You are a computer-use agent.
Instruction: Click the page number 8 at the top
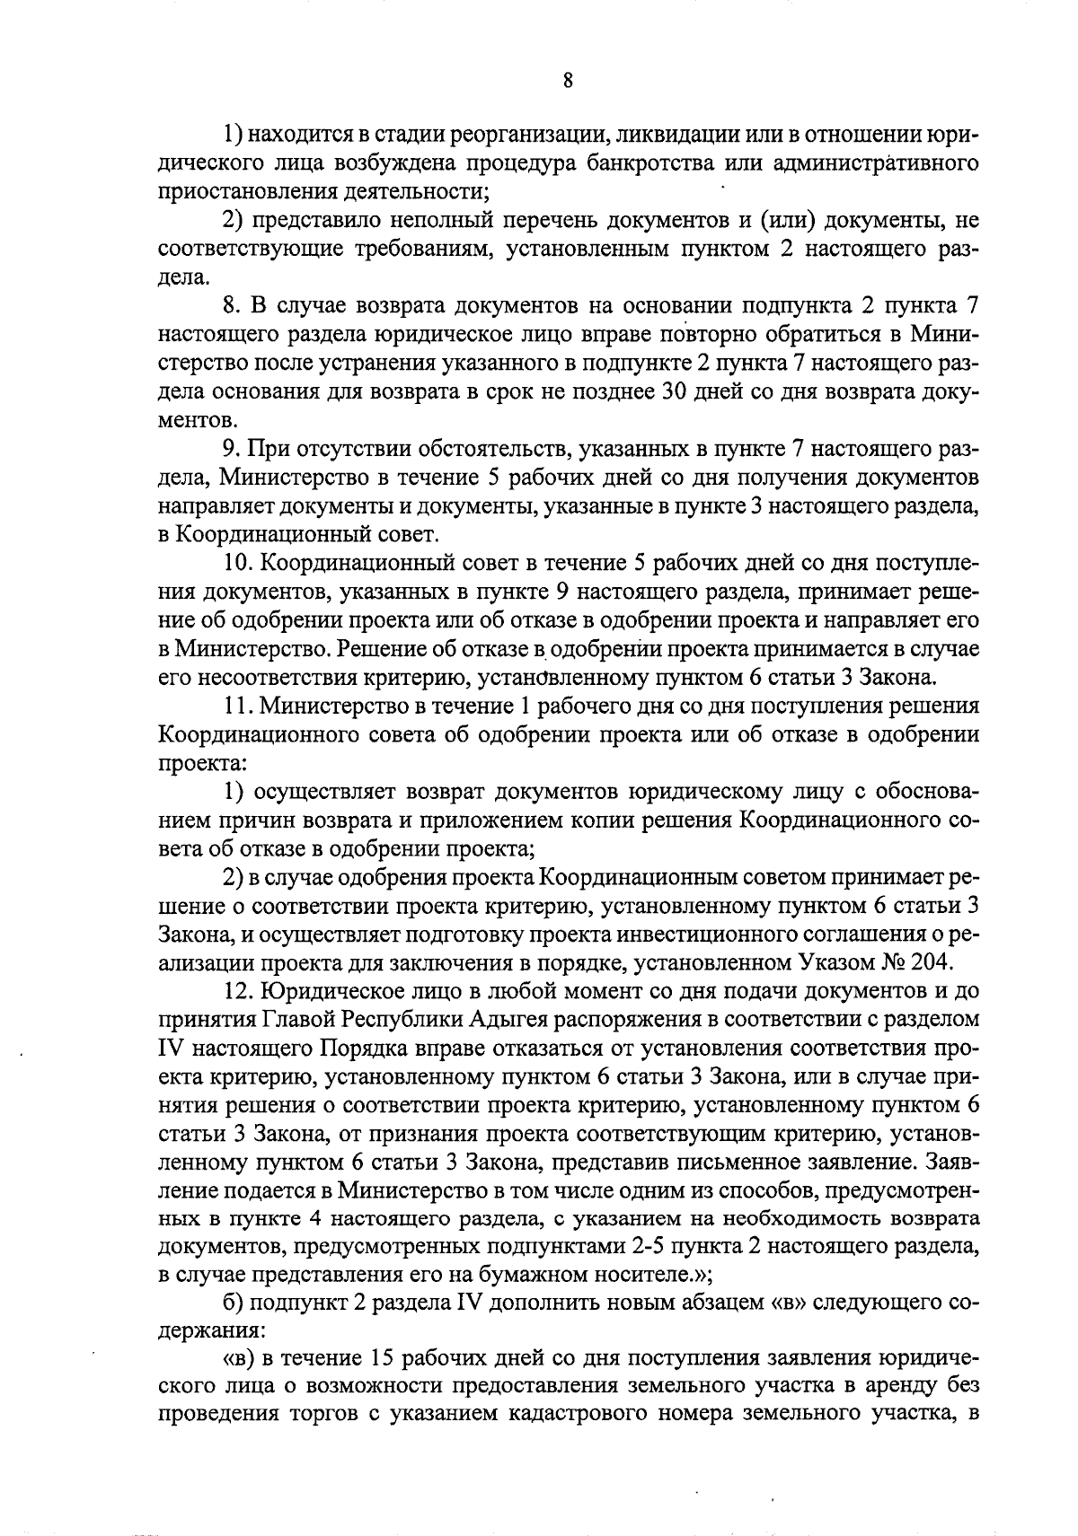point(567,81)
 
